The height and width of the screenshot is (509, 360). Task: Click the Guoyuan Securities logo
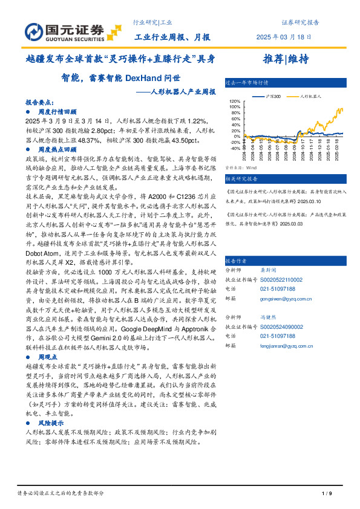pyautogui.click(x=65, y=30)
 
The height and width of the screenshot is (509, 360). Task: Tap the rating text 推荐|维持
pyautogui.click(x=286, y=59)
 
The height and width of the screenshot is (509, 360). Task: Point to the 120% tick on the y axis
pyautogui.click(x=235, y=102)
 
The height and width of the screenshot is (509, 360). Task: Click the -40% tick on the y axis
pyautogui.click(x=235, y=148)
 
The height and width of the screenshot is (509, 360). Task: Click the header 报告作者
pyautogui.click(x=236, y=261)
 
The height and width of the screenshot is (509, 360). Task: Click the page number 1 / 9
pyautogui.click(x=326, y=494)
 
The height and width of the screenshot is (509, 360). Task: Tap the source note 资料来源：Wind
pyautogui.click(x=241, y=167)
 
